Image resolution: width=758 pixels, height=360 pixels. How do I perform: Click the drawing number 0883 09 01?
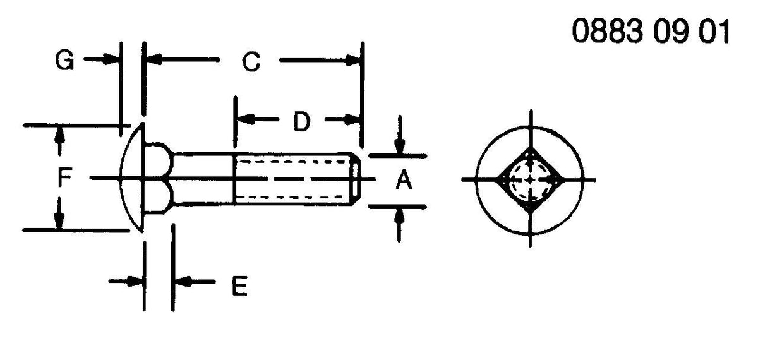coord(651,31)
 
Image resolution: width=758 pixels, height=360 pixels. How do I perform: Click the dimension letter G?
coord(64,61)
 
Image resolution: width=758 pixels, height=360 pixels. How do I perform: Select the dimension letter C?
coord(251,62)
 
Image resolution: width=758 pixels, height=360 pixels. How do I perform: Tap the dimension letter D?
coord(301,121)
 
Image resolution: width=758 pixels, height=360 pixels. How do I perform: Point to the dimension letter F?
coord(64,177)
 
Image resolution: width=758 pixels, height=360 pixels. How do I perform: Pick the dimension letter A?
coord(404,179)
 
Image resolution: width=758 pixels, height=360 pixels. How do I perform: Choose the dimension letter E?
coord(239,286)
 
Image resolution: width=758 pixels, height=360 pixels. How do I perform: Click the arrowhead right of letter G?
coord(111,59)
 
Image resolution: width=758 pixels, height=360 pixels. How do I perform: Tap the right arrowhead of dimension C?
coord(353,61)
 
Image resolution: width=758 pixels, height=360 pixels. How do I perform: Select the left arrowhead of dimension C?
coord(154,59)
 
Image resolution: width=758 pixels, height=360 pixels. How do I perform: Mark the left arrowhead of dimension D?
coord(245,119)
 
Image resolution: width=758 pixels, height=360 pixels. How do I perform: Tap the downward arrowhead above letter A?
coord(400,146)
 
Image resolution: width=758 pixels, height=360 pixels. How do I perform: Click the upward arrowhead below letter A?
coord(400,217)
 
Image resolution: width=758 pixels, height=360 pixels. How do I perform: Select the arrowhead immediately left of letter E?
coord(134,281)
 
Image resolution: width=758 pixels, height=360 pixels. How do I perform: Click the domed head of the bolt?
coord(132,178)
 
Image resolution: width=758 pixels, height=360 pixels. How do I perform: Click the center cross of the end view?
coord(530,179)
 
